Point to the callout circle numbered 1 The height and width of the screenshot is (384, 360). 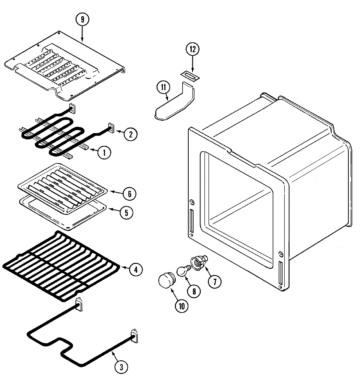pos(104,153)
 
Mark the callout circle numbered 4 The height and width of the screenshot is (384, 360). pos(136,270)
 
